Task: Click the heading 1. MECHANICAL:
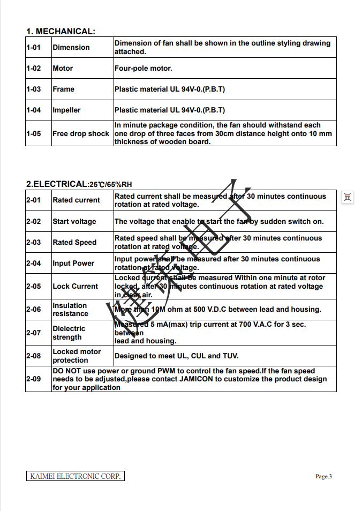[61, 32]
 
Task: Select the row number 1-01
[33, 48]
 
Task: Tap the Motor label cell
[63, 69]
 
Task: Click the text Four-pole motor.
[143, 69]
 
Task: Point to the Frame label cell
[63, 89]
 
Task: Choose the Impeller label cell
[66, 110]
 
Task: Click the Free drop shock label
[80, 134]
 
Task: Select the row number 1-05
[33, 134]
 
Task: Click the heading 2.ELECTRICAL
[56, 184]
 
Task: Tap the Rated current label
[76, 200]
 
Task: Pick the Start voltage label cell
[74, 222]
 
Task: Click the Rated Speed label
[74, 243]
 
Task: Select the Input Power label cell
[73, 264]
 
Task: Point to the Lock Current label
[75, 287]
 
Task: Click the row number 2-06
[33, 310]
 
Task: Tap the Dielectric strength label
[69, 333]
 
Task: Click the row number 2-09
[33, 379]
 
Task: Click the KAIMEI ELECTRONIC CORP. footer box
[75, 476]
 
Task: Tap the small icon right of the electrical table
[348, 198]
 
